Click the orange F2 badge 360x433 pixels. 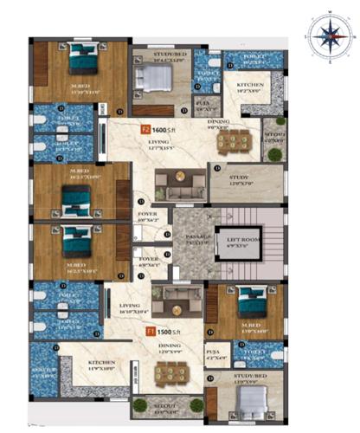[x=145, y=129]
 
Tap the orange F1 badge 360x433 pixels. [x=149, y=331]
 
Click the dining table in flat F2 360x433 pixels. [x=232, y=140]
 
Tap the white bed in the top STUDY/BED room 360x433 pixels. [x=155, y=81]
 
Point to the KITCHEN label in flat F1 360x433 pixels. [x=87, y=365]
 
